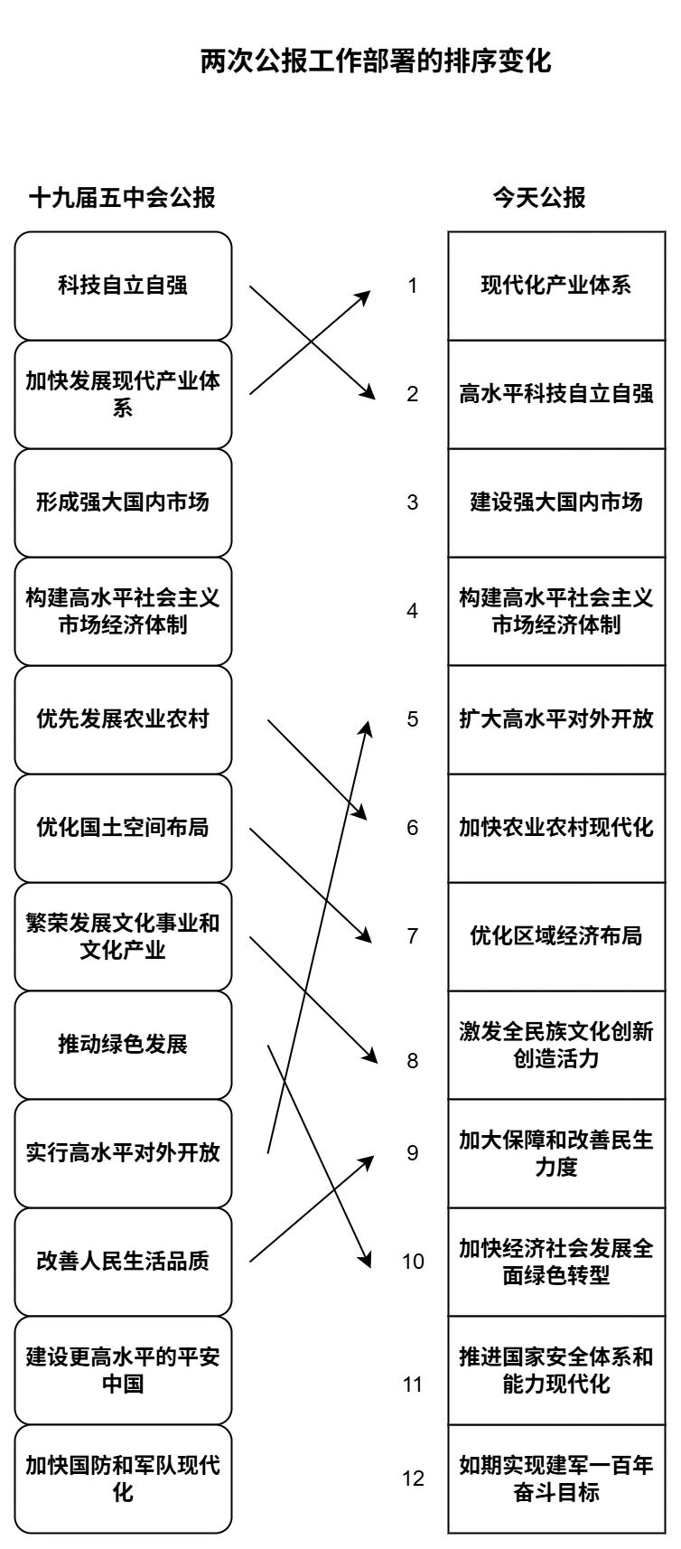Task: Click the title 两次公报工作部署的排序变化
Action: pyautogui.click(x=375, y=61)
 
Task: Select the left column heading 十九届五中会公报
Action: pyautogui.click(x=123, y=197)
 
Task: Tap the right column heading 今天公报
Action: pyautogui.click(x=538, y=197)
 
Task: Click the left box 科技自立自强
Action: pyautogui.click(x=123, y=286)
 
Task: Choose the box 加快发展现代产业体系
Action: pyautogui.click(x=123, y=394)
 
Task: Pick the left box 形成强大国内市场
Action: pyautogui.click(x=123, y=502)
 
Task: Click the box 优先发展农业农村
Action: pyautogui.click(x=123, y=719)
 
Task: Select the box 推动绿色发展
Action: pyautogui.click(x=123, y=1045)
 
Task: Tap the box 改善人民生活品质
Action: pyautogui.click(x=123, y=1262)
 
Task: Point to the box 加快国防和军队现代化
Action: pyautogui.click(x=123, y=1479)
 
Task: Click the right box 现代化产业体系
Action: pyautogui.click(x=556, y=286)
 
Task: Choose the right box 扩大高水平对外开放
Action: pyautogui.click(x=556, y=719)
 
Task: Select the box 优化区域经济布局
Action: pyautogui.click(x=556, y=936)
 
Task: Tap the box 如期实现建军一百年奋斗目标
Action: pyautogui.click(x=556, y=1479)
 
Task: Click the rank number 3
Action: pyautogui.click(x=413, y=502)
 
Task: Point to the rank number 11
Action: pyautogui.click(x=413, y=1385)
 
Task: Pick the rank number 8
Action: pyautogui.click(x=413, y=1060)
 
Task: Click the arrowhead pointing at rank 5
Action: pyautogui.click(x=367, y=726)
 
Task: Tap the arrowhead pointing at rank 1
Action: pyautogui.click(x=368, y=295)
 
